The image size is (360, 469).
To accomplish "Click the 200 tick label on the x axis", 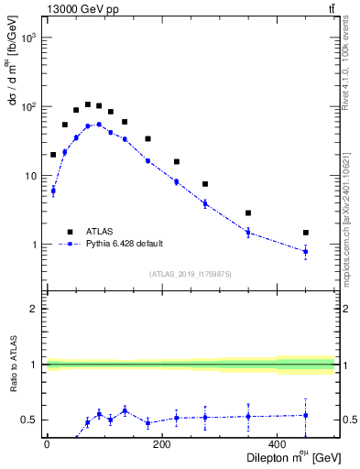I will pos(161,444).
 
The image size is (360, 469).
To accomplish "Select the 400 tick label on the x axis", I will pos(277,444).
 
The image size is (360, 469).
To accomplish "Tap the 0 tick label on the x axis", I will pos(47,444).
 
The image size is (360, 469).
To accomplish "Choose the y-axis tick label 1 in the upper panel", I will pos(33,245).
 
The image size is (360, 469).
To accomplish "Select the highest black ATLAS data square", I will pos(88,104).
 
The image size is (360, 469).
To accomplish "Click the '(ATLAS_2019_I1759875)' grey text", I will pos(190,274).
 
